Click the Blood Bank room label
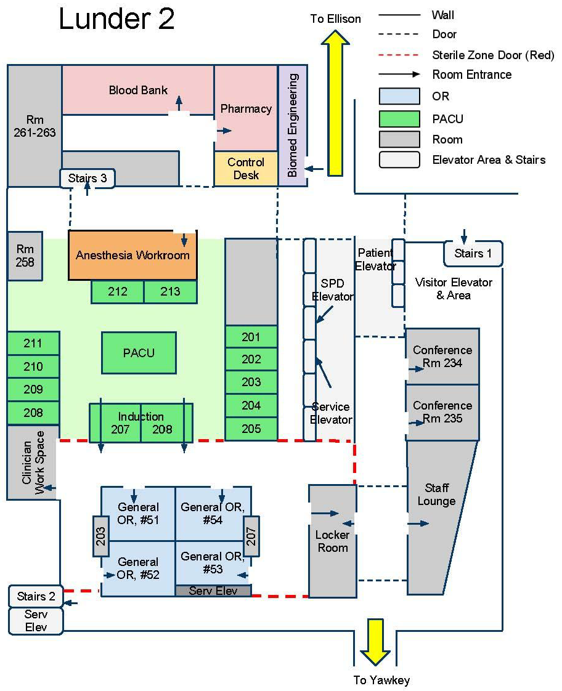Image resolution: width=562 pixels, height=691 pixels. click(x=138, y=90)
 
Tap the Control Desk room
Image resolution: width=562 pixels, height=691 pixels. click(x=246, y=169)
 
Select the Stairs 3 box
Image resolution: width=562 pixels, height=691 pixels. click(x=88, y=179)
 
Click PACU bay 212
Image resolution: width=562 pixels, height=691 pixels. click(x=118, y=291)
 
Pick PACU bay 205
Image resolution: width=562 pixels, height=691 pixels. click(x=251, y=429)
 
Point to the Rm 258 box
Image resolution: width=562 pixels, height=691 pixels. click(x=25, y=256)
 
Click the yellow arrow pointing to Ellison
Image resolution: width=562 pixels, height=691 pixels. click(x=336, y=105)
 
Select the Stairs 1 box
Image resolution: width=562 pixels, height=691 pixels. click(x=473, y=253)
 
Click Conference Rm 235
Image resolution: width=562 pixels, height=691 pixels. click(x=442, y=412)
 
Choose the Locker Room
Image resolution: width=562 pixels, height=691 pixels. click(x=332, y=541)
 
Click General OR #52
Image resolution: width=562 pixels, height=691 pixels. click(x=138, y=568)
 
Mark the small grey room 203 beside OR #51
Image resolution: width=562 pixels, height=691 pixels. click(x=100, y=535)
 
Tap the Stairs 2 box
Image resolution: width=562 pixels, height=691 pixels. click(x=36, y=596)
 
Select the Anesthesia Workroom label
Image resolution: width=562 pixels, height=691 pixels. click(x=132, y=255)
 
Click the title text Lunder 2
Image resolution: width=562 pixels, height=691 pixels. click(x=116, y=20)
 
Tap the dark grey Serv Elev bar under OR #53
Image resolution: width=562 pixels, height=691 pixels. click(x=213, y=591)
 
